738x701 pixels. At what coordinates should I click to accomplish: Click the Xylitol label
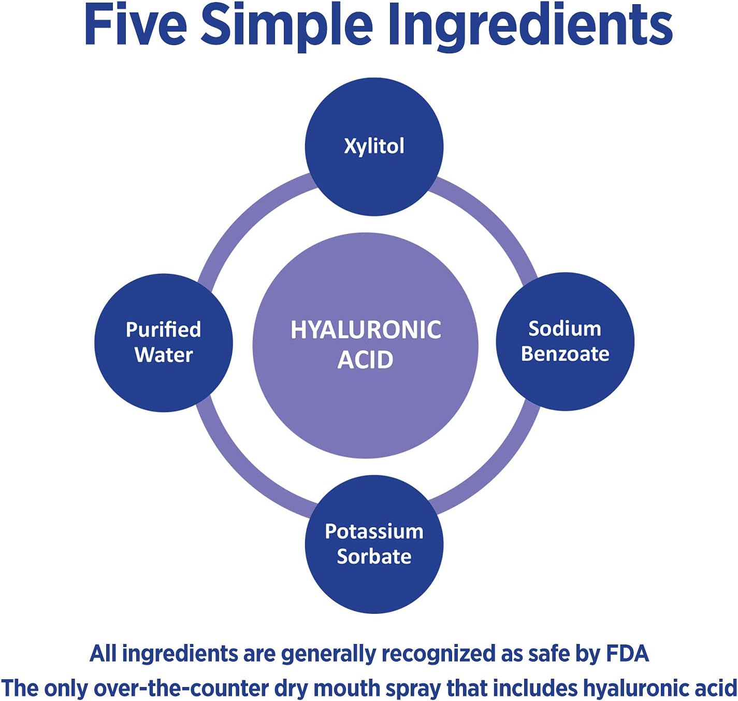pos(374,146)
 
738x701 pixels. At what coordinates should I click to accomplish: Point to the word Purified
pos(163,330)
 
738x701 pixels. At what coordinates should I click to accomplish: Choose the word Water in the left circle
pos(164,355)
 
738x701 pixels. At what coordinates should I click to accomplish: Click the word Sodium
pos(565,329)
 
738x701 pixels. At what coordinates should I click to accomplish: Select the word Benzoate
pos(565,354)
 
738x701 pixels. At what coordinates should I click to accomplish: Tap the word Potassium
pos(374,531)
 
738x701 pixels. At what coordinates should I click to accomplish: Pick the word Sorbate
pos(374,556)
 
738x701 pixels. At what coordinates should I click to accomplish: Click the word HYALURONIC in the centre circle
pos(366,330)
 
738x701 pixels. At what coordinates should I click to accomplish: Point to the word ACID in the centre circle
pos(366,360)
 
